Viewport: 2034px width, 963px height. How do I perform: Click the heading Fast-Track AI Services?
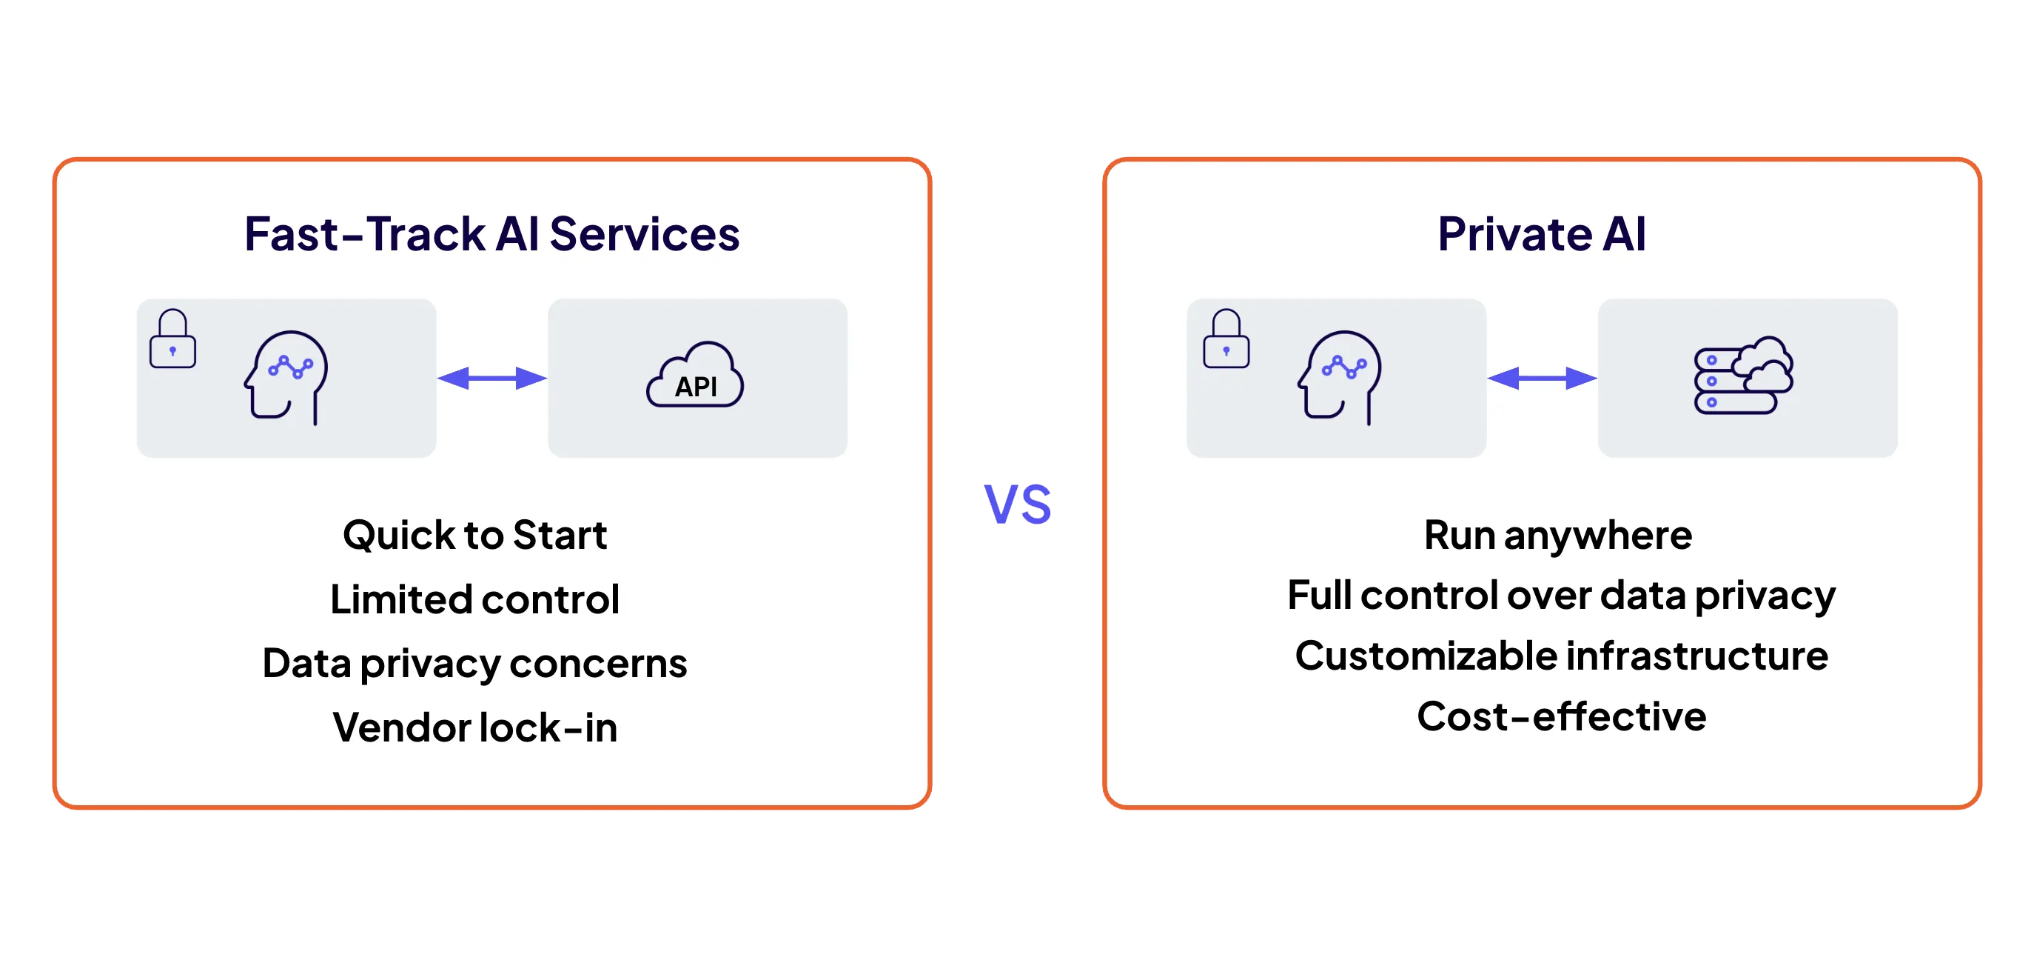tap(492, 234)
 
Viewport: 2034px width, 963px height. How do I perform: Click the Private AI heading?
tap(1541, 234)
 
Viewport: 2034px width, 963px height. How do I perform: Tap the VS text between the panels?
tap(1017, 504)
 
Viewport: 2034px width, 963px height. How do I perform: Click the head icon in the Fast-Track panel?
tap(286, 378)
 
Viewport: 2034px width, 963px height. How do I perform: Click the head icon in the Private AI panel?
tap(1339, 378)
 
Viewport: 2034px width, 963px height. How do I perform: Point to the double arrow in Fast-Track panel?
tap(492, 379)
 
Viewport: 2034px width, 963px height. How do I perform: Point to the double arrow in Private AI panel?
tap(1542, 379)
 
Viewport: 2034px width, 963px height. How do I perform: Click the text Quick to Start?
tap(474, 536)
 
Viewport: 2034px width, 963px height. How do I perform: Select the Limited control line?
tap(474, 599)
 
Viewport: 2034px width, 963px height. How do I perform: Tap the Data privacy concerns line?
tap(474, 664)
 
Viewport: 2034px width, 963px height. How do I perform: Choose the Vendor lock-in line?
tap(474, 727)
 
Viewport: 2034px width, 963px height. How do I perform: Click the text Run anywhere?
tap(1558, 536)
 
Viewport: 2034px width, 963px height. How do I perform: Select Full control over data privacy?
tap(1561, 596)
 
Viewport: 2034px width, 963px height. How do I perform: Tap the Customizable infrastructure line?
tap(1561, 656)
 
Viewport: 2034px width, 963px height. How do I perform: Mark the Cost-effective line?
tap(1561, 716)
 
